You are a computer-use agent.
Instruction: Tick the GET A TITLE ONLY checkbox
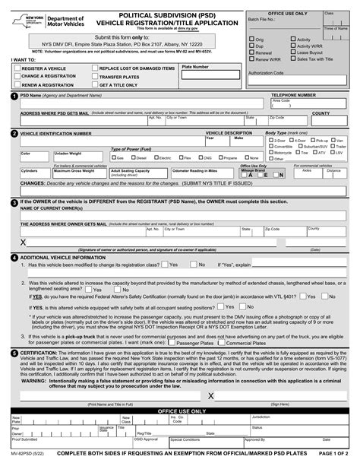[x=95, y=85]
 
